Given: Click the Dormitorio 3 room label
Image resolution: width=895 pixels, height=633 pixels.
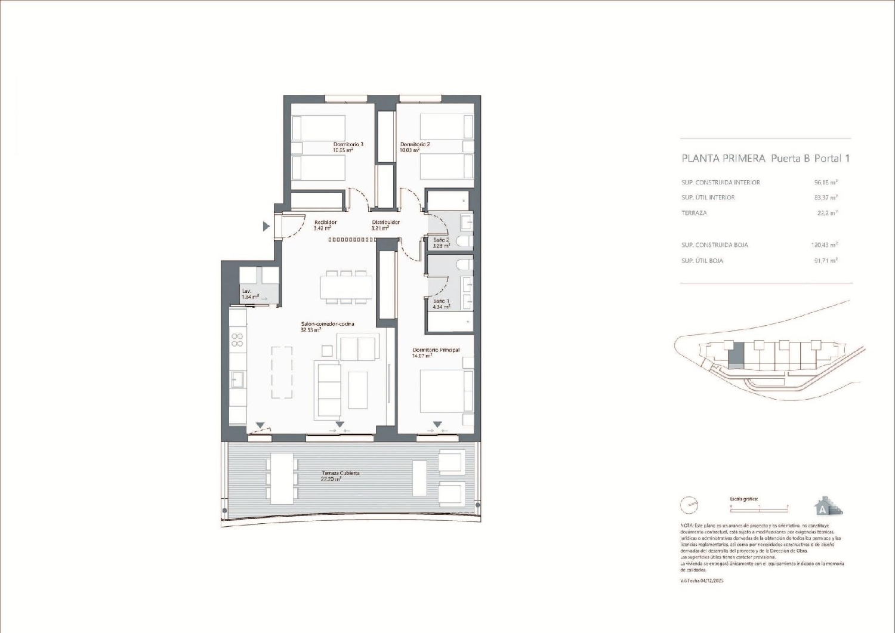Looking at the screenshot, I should (x=348, y=144).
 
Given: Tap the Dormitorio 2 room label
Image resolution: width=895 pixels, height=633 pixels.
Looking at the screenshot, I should (x=415, y=144).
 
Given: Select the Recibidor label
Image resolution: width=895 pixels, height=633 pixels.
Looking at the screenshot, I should (x=325, y=223).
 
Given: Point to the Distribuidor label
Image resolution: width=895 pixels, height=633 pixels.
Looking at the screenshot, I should (x=385, y=223).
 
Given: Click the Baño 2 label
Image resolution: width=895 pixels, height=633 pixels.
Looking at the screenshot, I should (x=441, y=240).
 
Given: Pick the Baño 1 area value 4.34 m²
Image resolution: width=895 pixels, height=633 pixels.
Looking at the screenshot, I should (x=442, y=307).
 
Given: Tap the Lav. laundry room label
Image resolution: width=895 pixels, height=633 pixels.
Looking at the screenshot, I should (x=246, y=291).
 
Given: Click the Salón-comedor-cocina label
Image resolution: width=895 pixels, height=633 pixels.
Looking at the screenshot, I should (x=327, y=324).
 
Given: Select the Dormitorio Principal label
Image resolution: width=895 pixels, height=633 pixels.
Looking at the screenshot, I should (x=436, y=350).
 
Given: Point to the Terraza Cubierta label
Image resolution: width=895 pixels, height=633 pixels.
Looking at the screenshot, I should (x=340, y=473).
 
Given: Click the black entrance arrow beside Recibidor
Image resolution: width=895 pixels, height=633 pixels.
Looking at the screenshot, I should (x=266, y=226).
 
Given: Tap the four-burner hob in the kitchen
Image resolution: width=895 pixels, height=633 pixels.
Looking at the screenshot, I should (x=237, y=339).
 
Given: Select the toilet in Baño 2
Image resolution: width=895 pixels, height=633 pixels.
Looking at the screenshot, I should (x=464, y=242).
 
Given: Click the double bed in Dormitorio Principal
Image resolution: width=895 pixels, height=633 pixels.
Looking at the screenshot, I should (x=446, y=391).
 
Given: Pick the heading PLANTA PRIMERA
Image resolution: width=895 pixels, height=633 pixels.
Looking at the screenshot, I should (x=723, y=159).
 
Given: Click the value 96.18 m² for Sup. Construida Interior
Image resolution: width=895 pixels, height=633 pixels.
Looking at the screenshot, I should (x=826, y=183).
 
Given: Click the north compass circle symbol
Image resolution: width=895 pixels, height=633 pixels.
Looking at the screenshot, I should (x=689, y=505).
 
